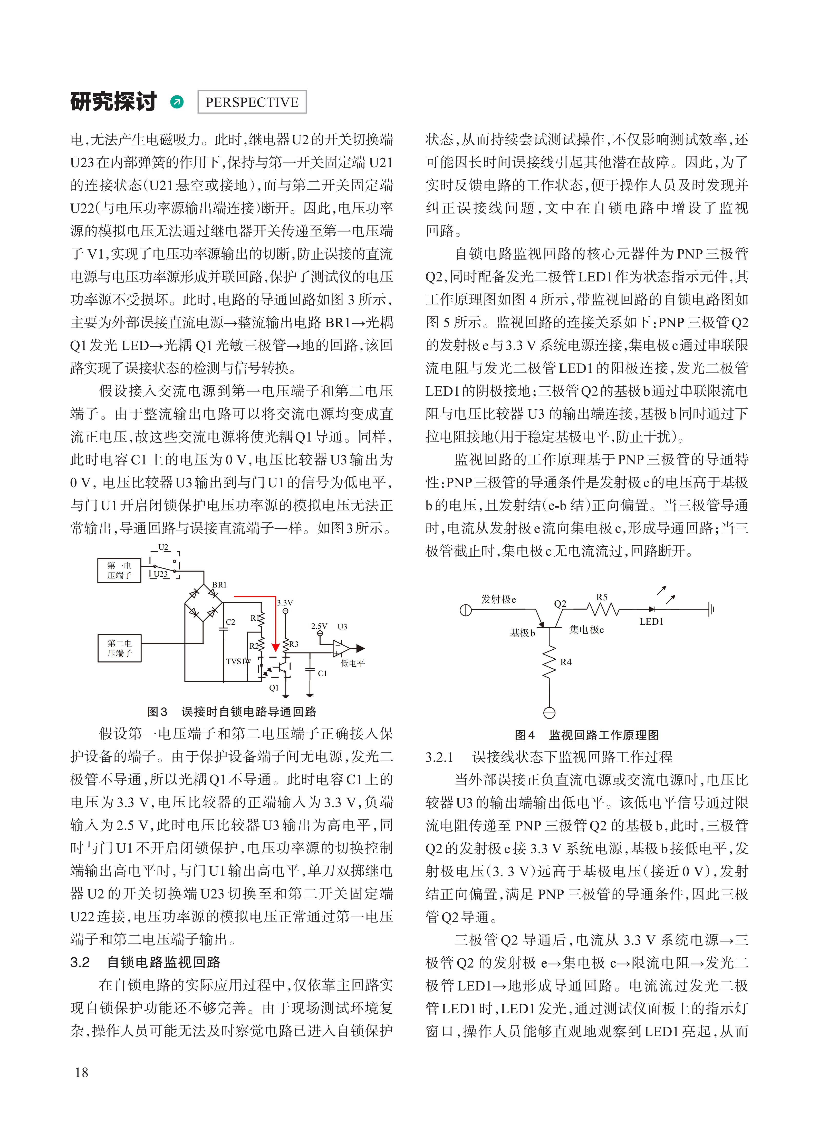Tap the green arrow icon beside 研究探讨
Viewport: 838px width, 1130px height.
(177, 102)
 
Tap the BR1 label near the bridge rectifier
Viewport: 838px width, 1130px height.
(219, 585)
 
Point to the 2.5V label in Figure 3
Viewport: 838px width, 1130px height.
(319, 627)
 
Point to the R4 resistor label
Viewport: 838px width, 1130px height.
(566, 662)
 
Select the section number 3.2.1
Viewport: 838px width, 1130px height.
(439, 757)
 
